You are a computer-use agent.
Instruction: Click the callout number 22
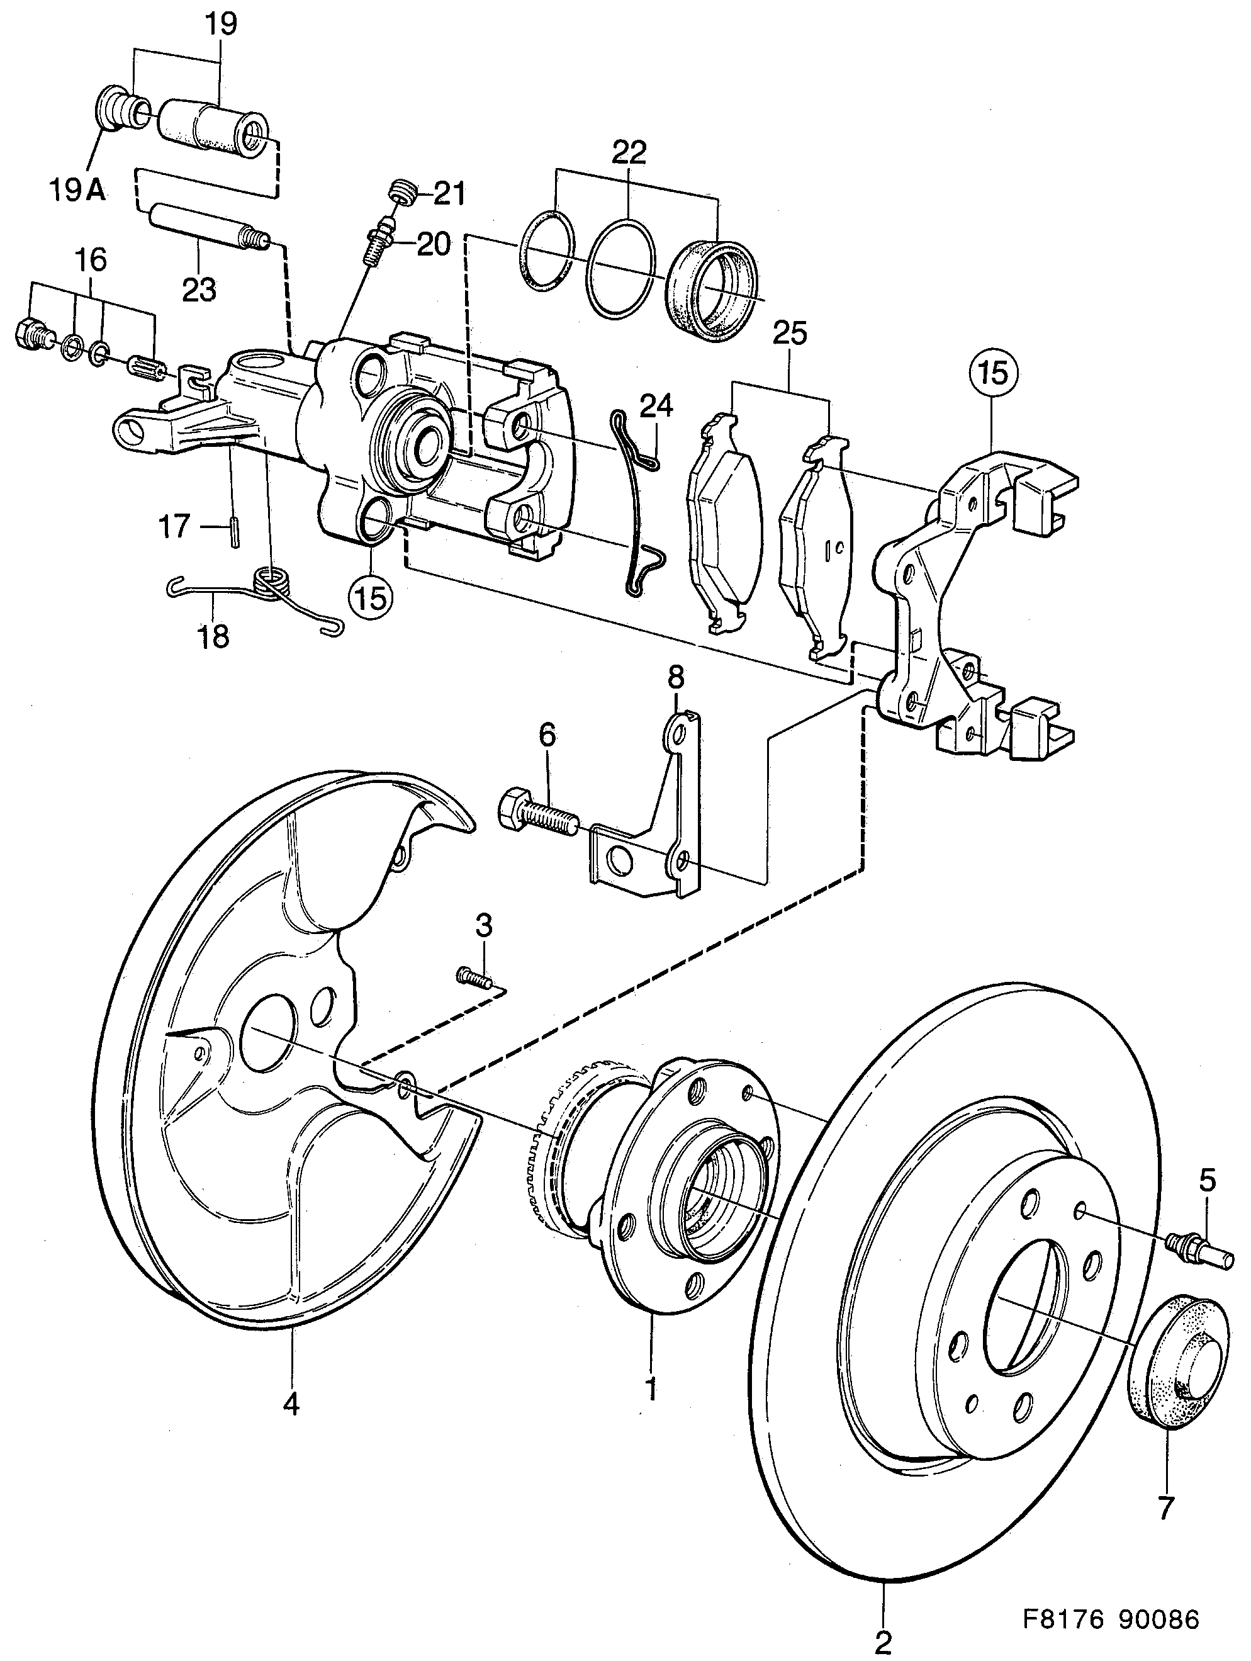point(629,152)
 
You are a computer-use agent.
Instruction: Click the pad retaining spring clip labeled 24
point(638,503)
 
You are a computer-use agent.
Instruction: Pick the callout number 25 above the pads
point(789,332)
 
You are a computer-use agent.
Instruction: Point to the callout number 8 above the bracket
point(676,678)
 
